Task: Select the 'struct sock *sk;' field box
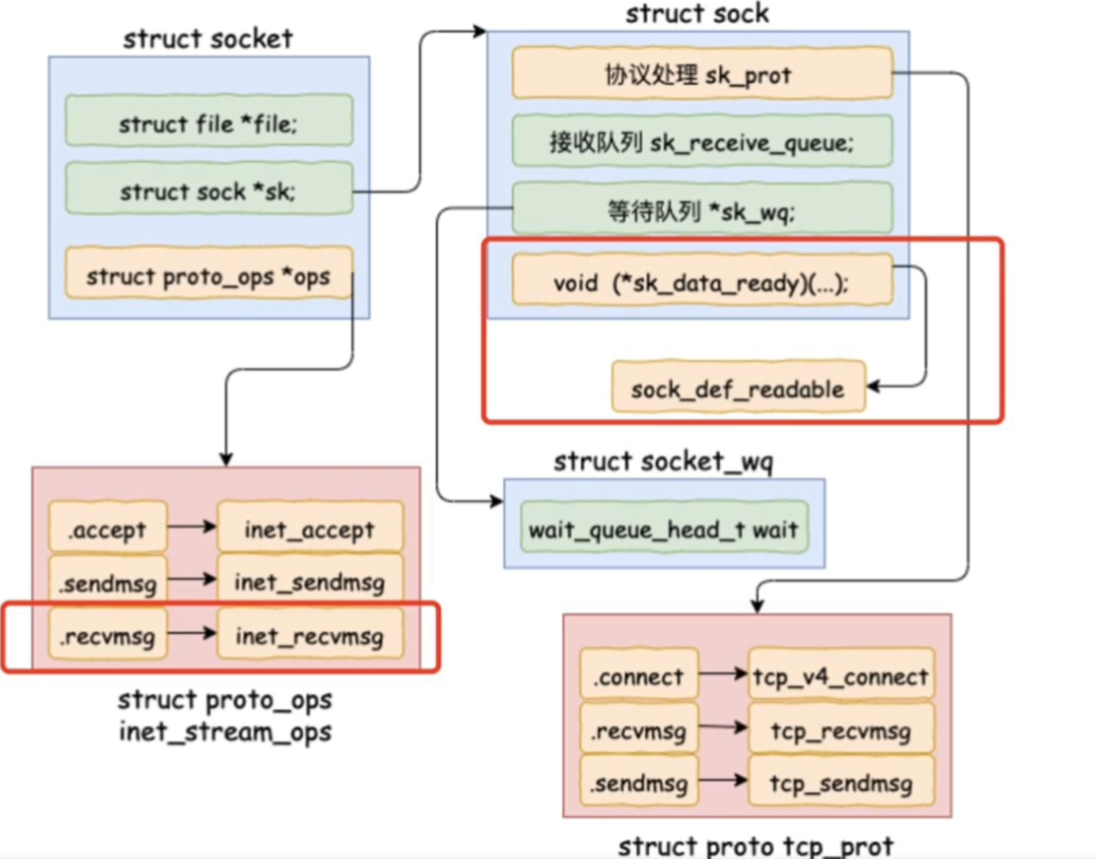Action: [x=208, y=192]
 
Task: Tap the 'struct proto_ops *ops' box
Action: [x=208, y=275]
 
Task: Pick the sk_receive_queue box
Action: [x=701, y=141]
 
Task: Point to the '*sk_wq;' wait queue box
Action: [x=701, y=210]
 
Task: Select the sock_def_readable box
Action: [x=737, y=388]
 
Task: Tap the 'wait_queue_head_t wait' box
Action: [x=663, y=528]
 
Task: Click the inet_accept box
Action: [x=309, y=528]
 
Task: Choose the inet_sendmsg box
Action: [x=309, y=583]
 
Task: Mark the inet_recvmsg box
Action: [x=309, y=637]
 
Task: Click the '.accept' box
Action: [x=108, y=528]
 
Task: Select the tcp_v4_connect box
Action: [x=841, y=676]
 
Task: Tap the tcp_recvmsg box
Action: [x=841, y=730]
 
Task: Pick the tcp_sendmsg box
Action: [x=841, y=784]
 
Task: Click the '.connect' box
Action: [x=638, y=676]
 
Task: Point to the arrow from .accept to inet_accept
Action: [x=192, y=527]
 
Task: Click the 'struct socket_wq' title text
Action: [x=663, y=462]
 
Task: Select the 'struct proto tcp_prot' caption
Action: [x=755, y=845]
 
